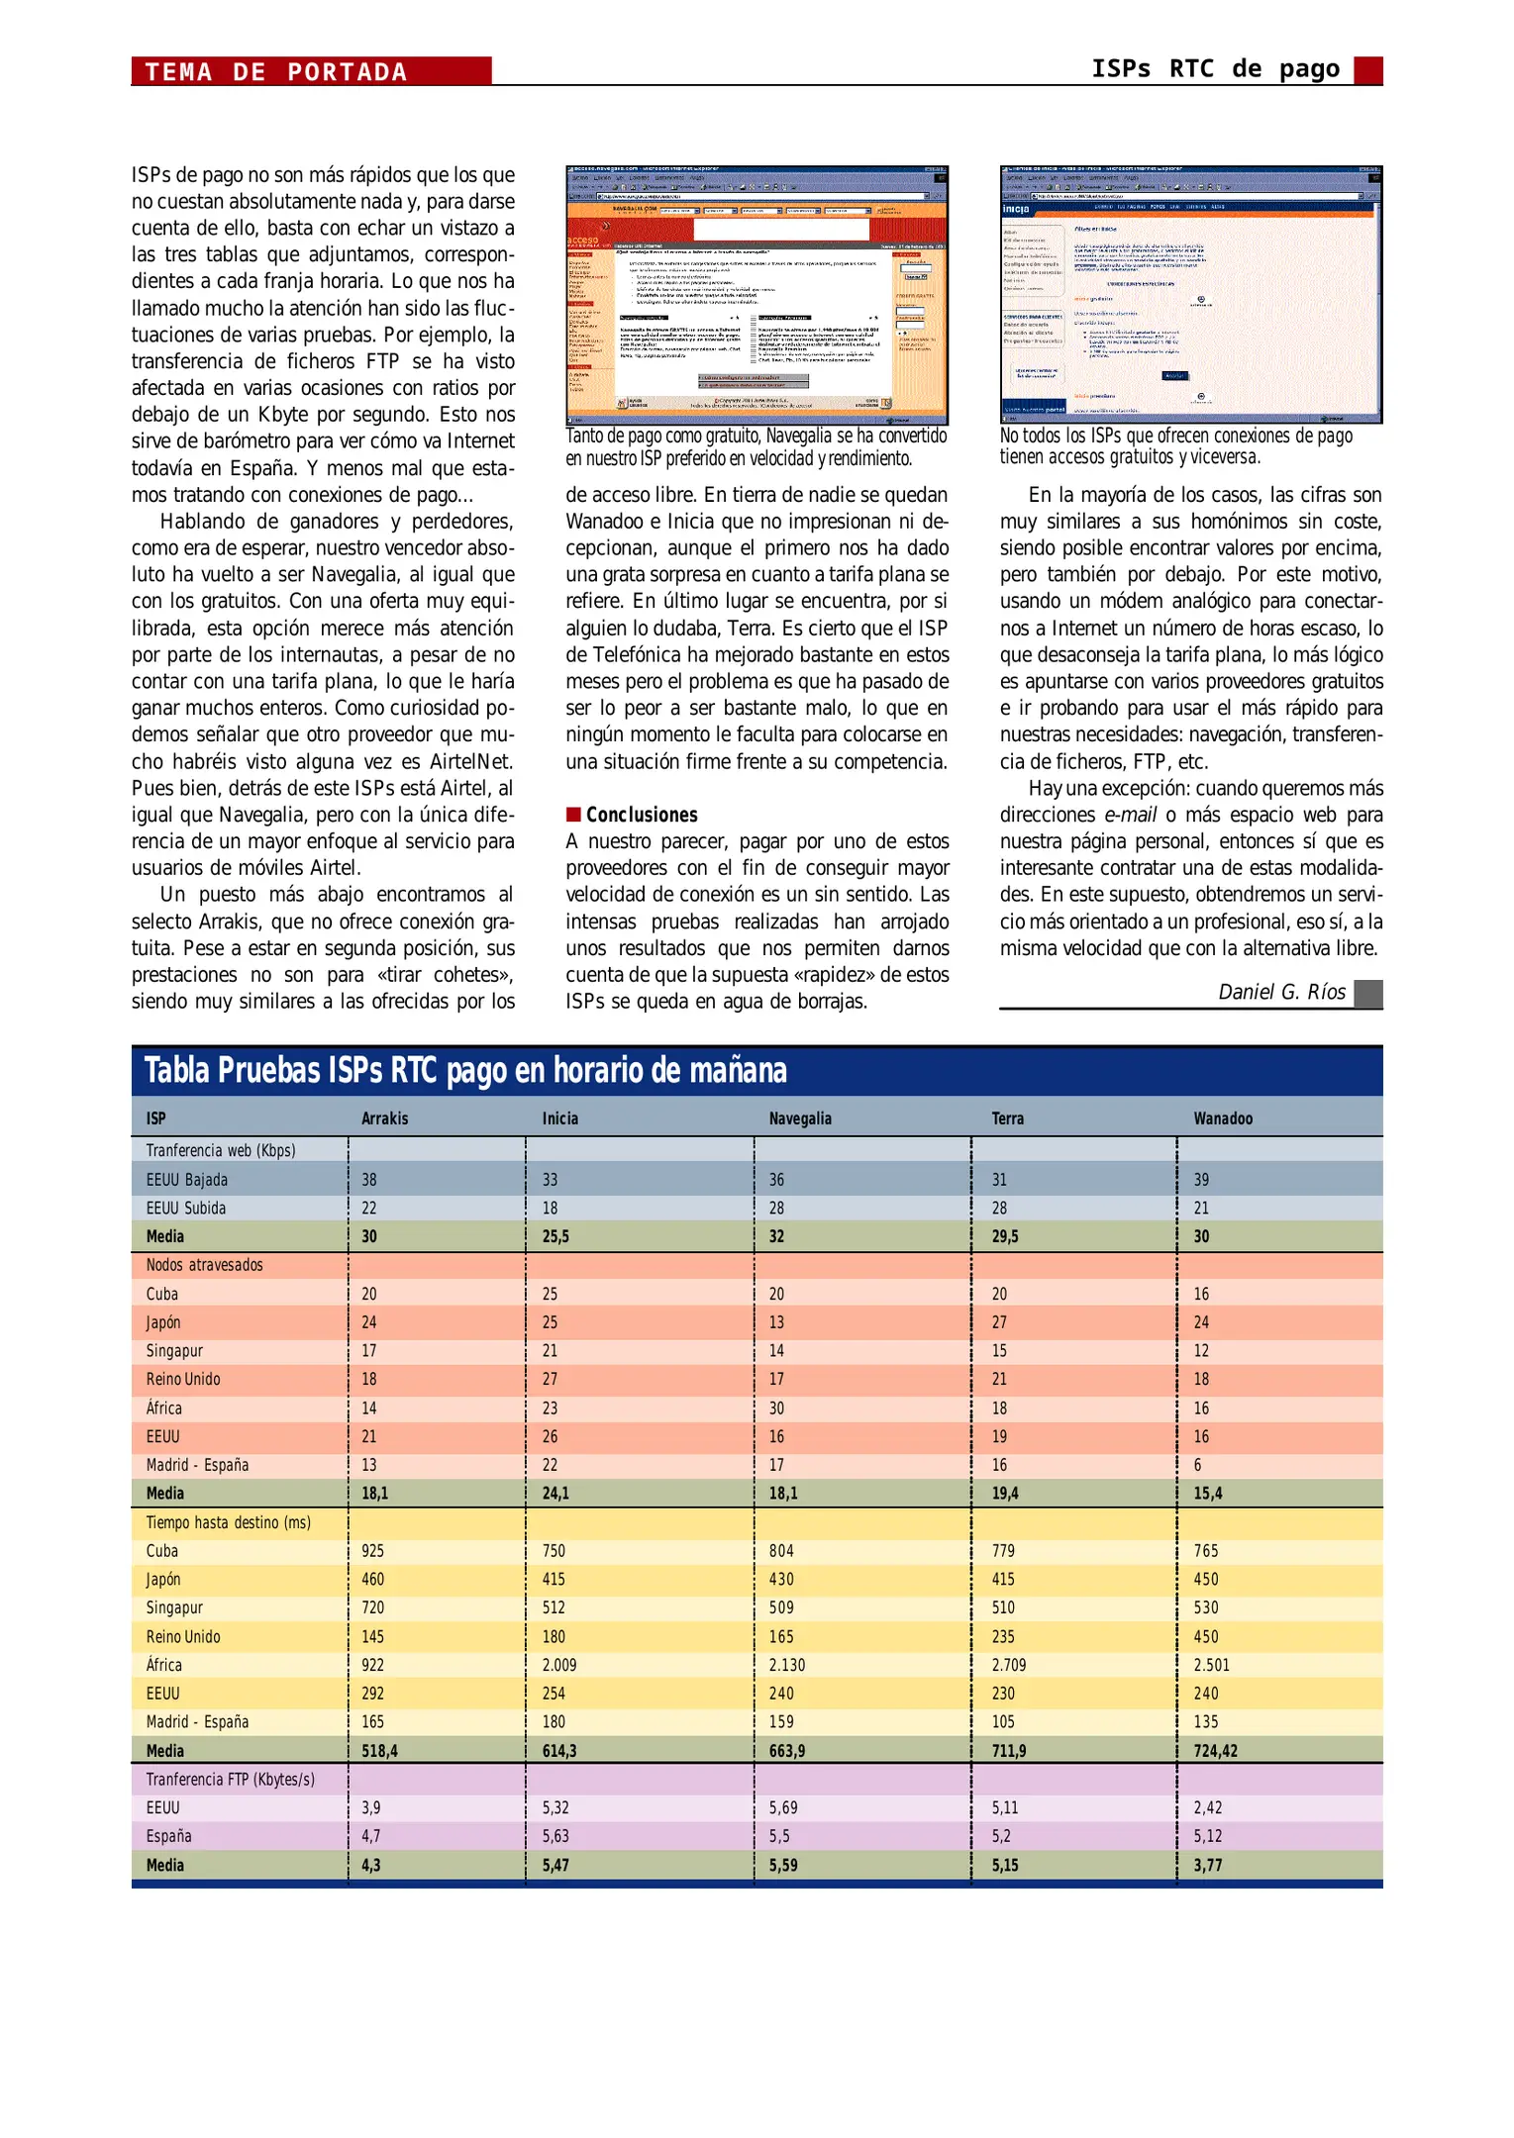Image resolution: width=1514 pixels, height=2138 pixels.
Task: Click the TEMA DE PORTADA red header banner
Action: pyautogui.click(x=311, y=71)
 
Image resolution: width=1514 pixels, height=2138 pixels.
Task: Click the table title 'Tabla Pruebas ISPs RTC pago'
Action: pyautogui.click(x=465, y=1071)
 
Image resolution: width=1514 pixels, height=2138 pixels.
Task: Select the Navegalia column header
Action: pyautogui.click(x=800, y=1118)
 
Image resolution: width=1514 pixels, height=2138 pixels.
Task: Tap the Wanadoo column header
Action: pyautogui.click(x=1223, y=1118)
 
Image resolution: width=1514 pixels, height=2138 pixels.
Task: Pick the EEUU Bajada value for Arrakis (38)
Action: pyautogui.click(x=369, y=1180)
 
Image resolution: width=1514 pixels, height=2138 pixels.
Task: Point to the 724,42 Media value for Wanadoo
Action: pyautogui.click(x=1215, y=1750)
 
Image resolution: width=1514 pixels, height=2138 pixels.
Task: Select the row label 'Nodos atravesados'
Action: pyautogui.click(x=205, y=1265)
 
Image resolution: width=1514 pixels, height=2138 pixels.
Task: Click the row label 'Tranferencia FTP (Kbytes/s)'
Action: pyautogui.click(x=231, y=1779)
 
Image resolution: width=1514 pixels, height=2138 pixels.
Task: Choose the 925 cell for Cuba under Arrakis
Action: pyautogui.click(x=372, y=1551)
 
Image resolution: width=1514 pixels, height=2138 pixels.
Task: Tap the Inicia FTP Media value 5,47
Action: pyautogui.click(x=555, y=1865)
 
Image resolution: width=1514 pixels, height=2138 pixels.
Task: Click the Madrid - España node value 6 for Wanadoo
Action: pyautogui.click(x=1198, y=1465)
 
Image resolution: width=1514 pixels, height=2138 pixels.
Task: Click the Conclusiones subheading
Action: pyautogui.click(x=642, y=815)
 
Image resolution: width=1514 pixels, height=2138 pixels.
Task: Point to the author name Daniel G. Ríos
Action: pyautogui.click(x=1281, y=992)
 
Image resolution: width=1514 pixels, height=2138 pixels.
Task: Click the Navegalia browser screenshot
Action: pyautogui.click(x=757, y=294)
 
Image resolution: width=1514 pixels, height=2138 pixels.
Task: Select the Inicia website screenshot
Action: pyautogui.click(x=1190, y=294)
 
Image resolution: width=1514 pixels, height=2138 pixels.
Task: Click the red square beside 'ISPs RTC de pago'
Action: pyautogui.click(x=1367, y=70)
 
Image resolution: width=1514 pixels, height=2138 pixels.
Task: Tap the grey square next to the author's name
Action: pyautogui.click(x=1367, y=993)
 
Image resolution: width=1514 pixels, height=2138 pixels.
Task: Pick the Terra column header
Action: pyautogui.click(x=1008, y=1118)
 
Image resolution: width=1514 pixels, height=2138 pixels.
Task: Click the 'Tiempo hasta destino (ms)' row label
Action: pyautogui.click(x=229, y=1522)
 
